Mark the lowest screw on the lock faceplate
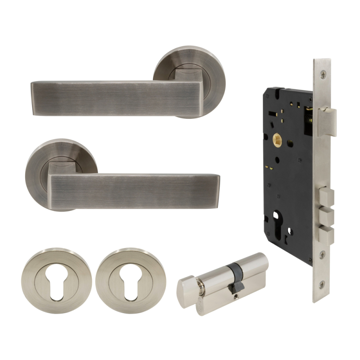(322, 284)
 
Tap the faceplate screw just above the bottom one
(322, 255)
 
